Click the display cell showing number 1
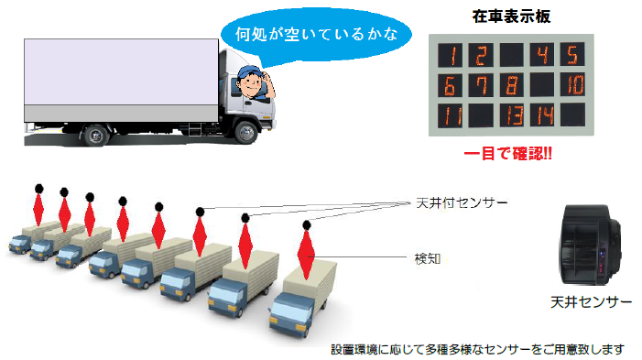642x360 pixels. [450, 56]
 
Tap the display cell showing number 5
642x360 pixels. [571, 56]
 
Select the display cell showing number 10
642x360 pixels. [571, 86]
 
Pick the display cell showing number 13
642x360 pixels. [510, 115]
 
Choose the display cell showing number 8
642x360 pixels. [510, 86]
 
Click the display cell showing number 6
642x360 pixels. [450, 86]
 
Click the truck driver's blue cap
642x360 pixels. [250, 71]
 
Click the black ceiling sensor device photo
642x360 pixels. [593, 246]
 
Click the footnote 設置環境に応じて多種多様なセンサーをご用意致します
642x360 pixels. [478, 349]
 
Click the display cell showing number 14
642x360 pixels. [541, 115]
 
